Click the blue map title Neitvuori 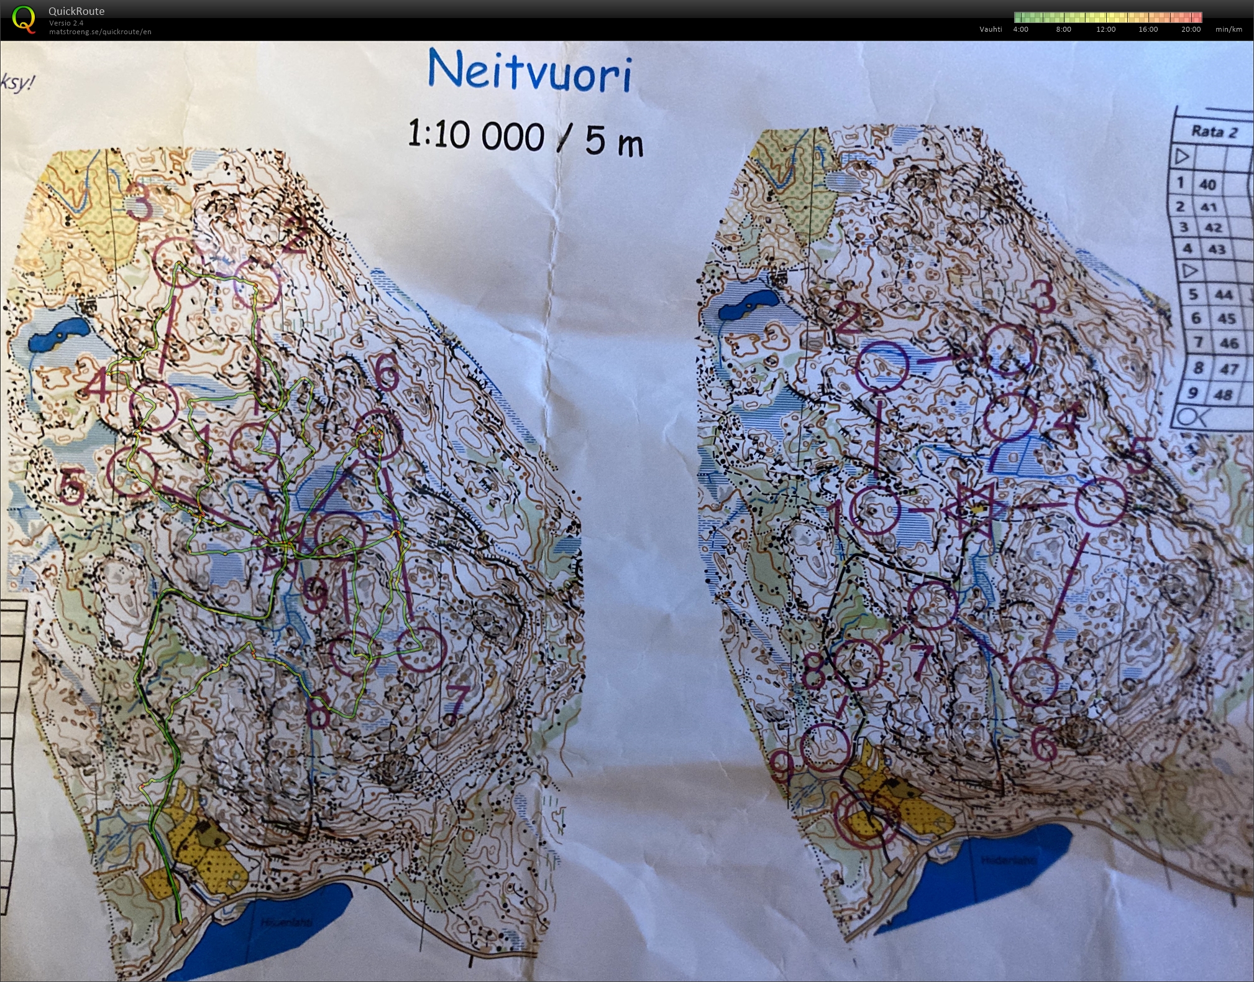[529, 72]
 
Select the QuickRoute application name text [76, 11]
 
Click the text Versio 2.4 [66, 23]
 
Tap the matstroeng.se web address [100, 32]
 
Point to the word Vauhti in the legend [991, 29]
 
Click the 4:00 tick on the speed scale [1020, 29]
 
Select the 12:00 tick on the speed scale [1105, 29]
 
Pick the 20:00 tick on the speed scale [1191, 29]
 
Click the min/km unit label [1229, 29]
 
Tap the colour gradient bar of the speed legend [1108, 17]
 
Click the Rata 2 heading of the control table [1214, 132]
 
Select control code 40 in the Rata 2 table [1207, 185]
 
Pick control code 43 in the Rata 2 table [1217, 249]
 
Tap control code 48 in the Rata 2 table [1223, 394]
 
